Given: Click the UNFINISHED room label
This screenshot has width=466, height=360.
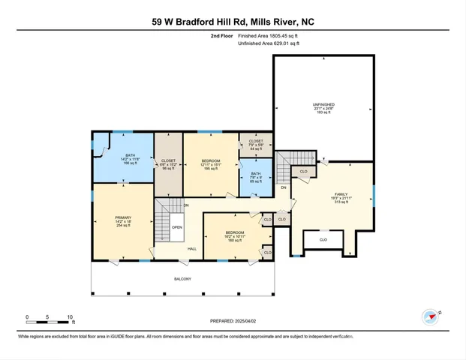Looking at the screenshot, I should click(x=323, y=104).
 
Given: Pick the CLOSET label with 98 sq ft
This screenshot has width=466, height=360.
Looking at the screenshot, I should click(x=168, y=160).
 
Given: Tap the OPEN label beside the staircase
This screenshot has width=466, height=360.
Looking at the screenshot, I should click(x=176, y=227).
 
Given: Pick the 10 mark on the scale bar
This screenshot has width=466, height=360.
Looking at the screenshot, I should click(x=70, y=317).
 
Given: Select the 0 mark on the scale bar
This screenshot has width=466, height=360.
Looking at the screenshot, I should click(x=27, y=317).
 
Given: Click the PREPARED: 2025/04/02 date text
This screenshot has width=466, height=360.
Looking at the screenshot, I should click(x=234, y=321).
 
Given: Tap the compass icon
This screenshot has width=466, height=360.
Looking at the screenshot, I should click(x=431, y=316).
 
